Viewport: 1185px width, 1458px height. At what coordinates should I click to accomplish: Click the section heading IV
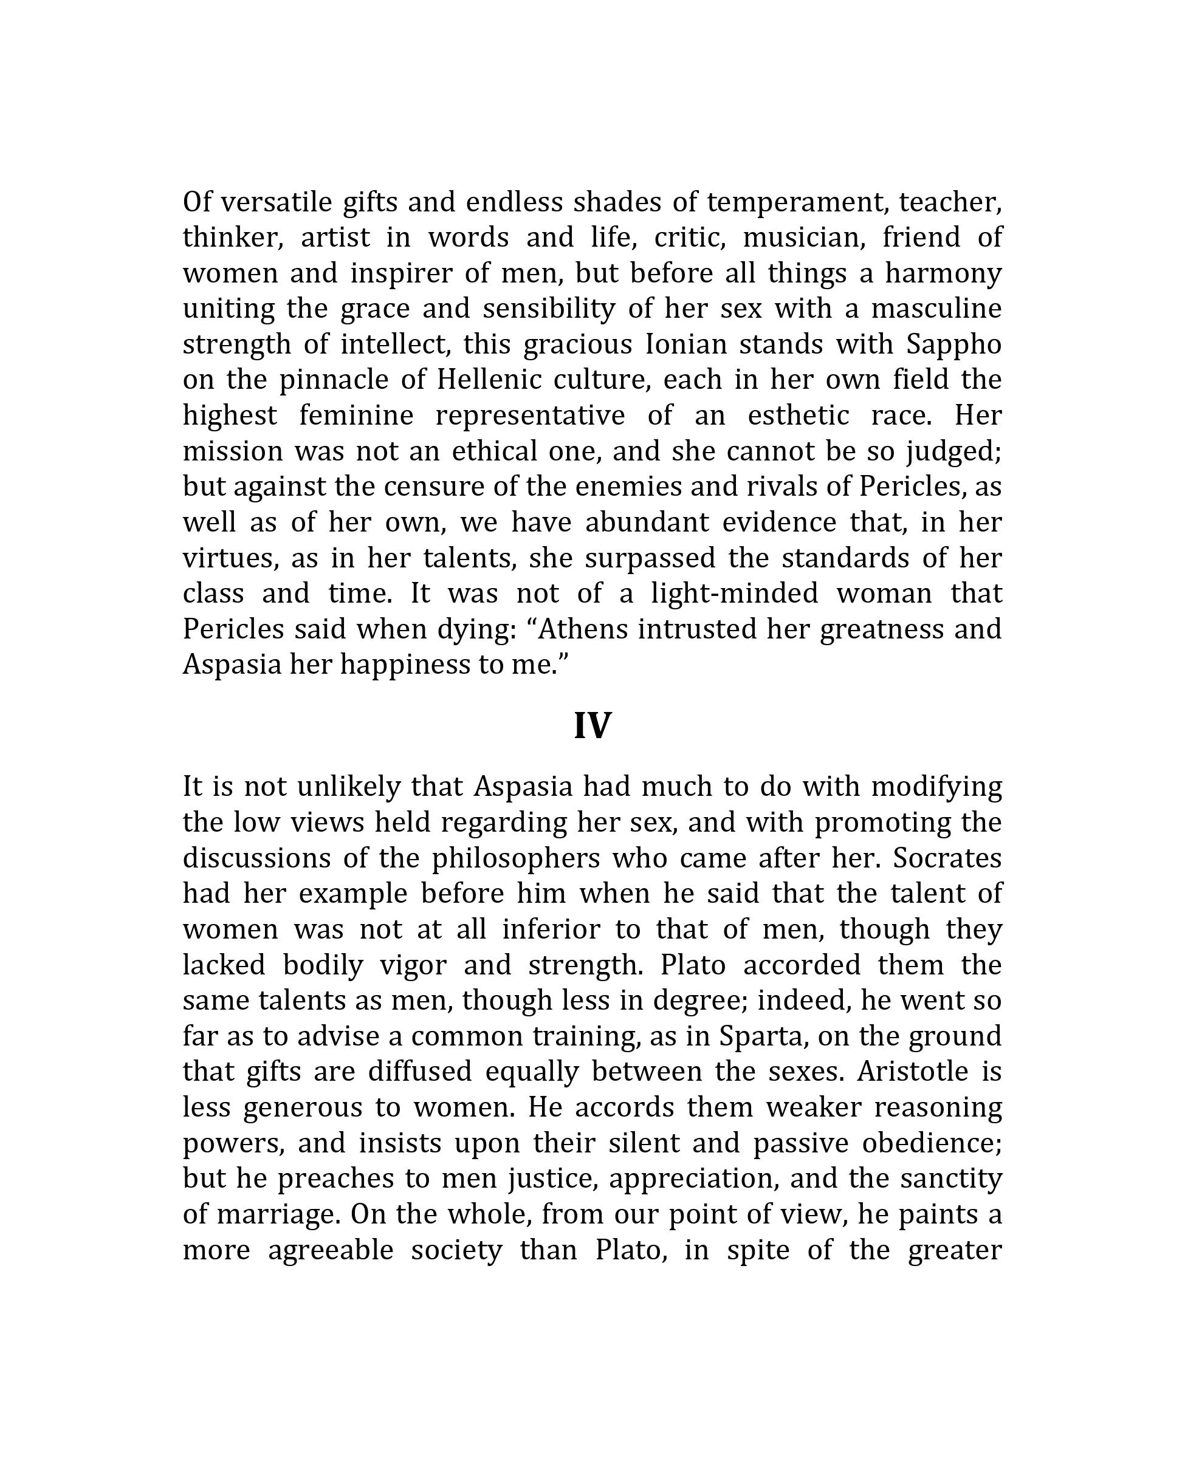coord(592,725)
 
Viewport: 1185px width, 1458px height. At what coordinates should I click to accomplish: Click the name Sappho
coord(953,344)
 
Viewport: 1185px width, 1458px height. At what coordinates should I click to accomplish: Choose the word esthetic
coord(799,416)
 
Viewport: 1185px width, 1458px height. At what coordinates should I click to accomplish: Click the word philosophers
coord(515,858)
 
